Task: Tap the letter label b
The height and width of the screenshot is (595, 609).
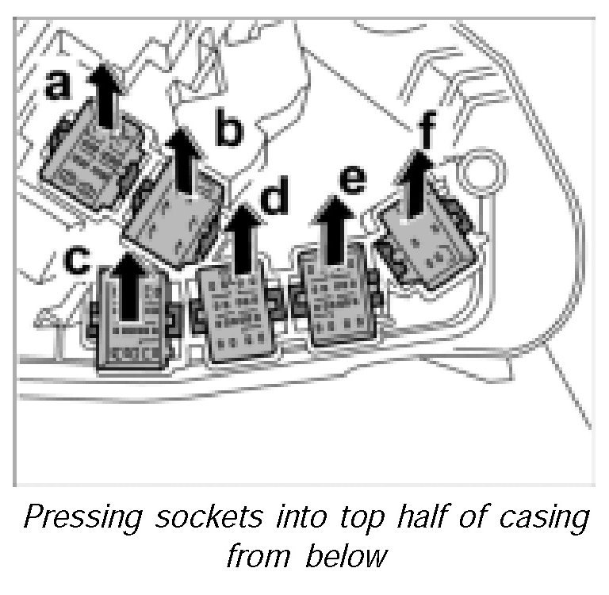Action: click(228, 131)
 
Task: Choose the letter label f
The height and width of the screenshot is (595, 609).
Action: click(427, 134)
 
